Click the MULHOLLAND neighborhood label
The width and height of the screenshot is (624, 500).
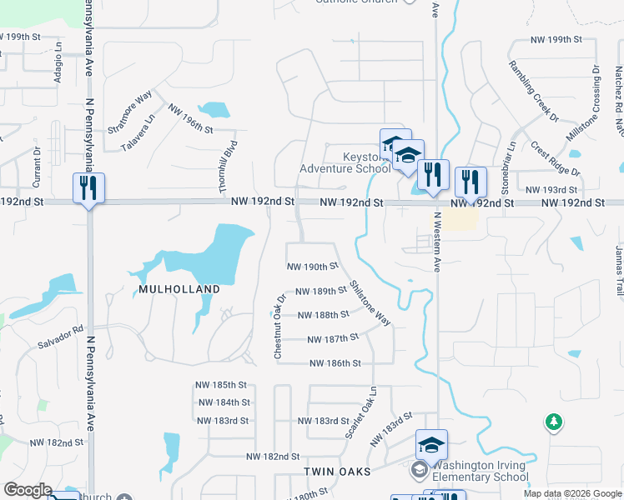point(175,289)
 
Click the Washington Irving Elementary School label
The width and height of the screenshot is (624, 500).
point(480,471)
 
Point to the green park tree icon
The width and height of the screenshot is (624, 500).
point(553,422)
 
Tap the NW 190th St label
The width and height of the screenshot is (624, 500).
point(311,267)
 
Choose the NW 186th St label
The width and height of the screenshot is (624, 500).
point(335,363)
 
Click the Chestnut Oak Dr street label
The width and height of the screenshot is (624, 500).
point(280,326)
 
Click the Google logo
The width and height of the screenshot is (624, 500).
point(28,490)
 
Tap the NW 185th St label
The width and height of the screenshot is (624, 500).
point(221,385)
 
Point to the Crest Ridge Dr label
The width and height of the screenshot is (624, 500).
point(555,157)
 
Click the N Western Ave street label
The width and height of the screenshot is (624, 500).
point(436,242)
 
